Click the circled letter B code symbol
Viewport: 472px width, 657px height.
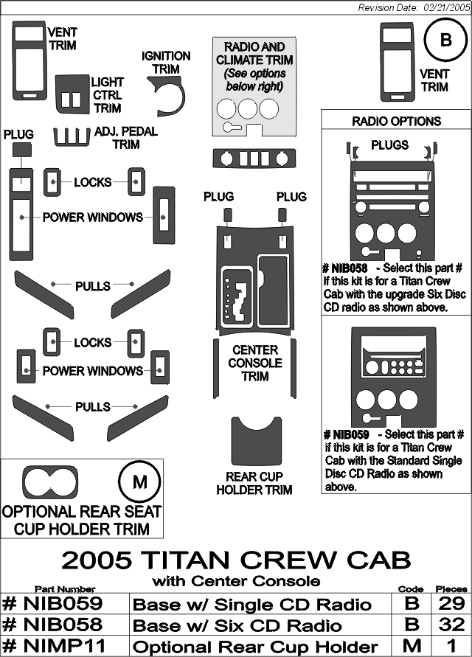[445, 41]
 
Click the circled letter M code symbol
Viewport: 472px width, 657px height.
[140, 482]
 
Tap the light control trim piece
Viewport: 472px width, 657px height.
[72, 94]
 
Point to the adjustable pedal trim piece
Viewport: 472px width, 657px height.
[72, 137]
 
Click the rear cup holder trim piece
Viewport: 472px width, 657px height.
[256, 441]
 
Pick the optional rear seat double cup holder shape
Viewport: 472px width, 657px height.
[50, 482]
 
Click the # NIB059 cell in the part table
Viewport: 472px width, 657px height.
[64, 604]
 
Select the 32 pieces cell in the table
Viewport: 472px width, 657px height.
[451, 625]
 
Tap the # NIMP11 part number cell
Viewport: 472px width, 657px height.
[64, 645]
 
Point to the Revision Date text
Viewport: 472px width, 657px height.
[414, 8]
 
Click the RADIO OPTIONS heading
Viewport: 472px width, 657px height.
[396, 121]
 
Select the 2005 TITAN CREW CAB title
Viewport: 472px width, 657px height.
[236, 560]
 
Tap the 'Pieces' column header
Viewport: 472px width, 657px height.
[451, 589]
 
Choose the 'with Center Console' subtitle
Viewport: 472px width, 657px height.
[236, 581]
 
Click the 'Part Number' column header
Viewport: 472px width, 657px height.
[65, 589]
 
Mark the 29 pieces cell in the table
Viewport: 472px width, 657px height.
[451, 604]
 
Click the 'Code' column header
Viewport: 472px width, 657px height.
[410, 589]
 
